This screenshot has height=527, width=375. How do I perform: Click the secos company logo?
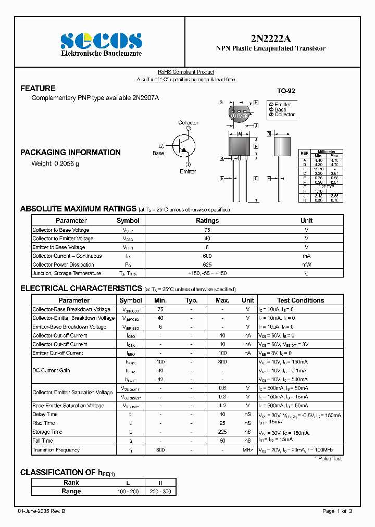[x=101, y=41]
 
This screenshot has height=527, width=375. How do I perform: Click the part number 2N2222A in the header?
[x=271, y=37]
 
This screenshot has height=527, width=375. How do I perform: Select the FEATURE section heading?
[x=37, y=89]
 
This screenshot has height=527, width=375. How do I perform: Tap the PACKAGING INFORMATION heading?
[x=70, y=153]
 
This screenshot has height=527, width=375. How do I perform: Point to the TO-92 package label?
[x=286, y=91]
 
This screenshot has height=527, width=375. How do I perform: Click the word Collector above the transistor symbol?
[x=188, y=123]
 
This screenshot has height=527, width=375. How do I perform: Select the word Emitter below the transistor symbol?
[x=187, y=171]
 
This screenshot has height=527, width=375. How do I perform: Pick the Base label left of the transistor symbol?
[x=158, y=153]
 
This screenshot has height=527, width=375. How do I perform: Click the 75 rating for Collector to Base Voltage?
[x=207, y=230]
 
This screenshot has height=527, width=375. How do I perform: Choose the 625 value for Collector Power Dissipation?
[x=207, y=265]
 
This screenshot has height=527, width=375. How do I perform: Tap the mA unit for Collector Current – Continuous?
[x=306, y=256]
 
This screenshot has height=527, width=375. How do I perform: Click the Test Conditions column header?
[x=301, y=300]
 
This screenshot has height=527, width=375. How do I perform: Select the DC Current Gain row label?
[x=51, y=370]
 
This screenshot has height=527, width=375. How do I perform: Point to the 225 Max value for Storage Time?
[x=222, y=432]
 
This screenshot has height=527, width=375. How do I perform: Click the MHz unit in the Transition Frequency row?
[x=248, y=450]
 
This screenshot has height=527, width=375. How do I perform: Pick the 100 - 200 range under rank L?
[x=128, y=491]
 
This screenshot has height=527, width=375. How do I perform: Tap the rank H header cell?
[x=160, y=483]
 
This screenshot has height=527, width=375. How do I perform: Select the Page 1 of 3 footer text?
[x=337, y=511]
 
